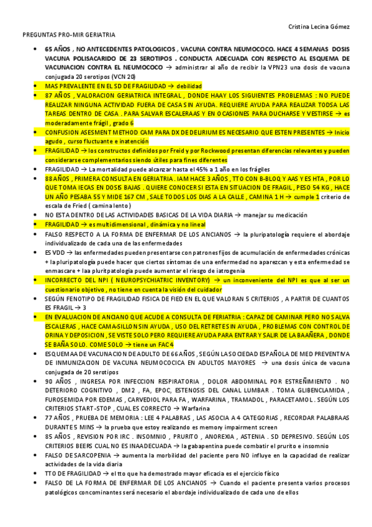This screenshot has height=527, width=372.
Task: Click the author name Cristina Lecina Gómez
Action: tap(319, 25)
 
